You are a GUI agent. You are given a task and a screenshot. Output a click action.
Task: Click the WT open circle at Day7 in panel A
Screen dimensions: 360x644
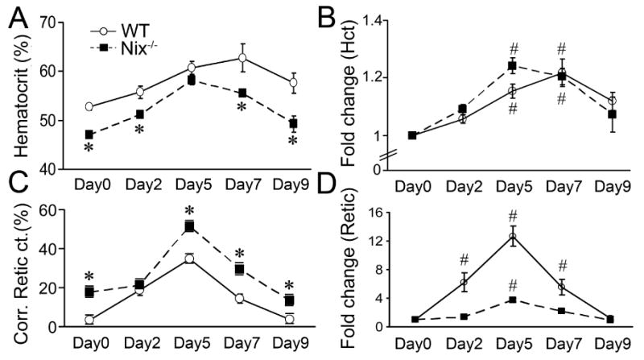tap(240, 58)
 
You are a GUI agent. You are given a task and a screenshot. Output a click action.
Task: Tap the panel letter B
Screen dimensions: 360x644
tap(350, 15)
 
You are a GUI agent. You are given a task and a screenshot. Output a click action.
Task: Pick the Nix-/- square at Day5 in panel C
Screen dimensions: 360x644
tap(190, 227)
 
